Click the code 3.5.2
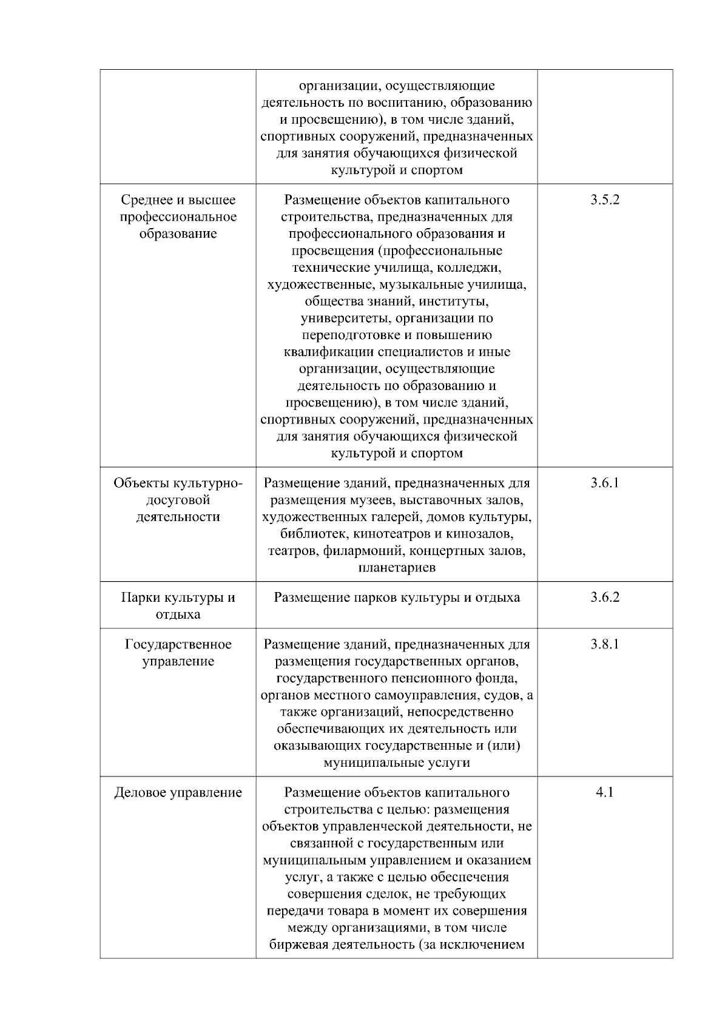pyautogui.click(x=604, y=200)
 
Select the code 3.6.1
pyautogui.click(x=604, y=483)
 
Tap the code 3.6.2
pyautogui.click(x=604, y=597)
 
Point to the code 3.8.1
pyautogui.click(x=604, y=644)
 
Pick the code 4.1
pyautogui.click(x=604, y=793)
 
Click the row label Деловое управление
pyautogui.click(x=178, y=793)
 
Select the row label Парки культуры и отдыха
pyautogui.click(x=178, y=606)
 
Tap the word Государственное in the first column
pyautogui.click(x=178, y=644)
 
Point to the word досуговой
pyautogui.click(x=178, y=500)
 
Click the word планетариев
pyautogui.click(x=397, y=568)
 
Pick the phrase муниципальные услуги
pyautogui.click(x=397, y=762)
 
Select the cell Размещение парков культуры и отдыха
pyautogui.click(x=397, y=597)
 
